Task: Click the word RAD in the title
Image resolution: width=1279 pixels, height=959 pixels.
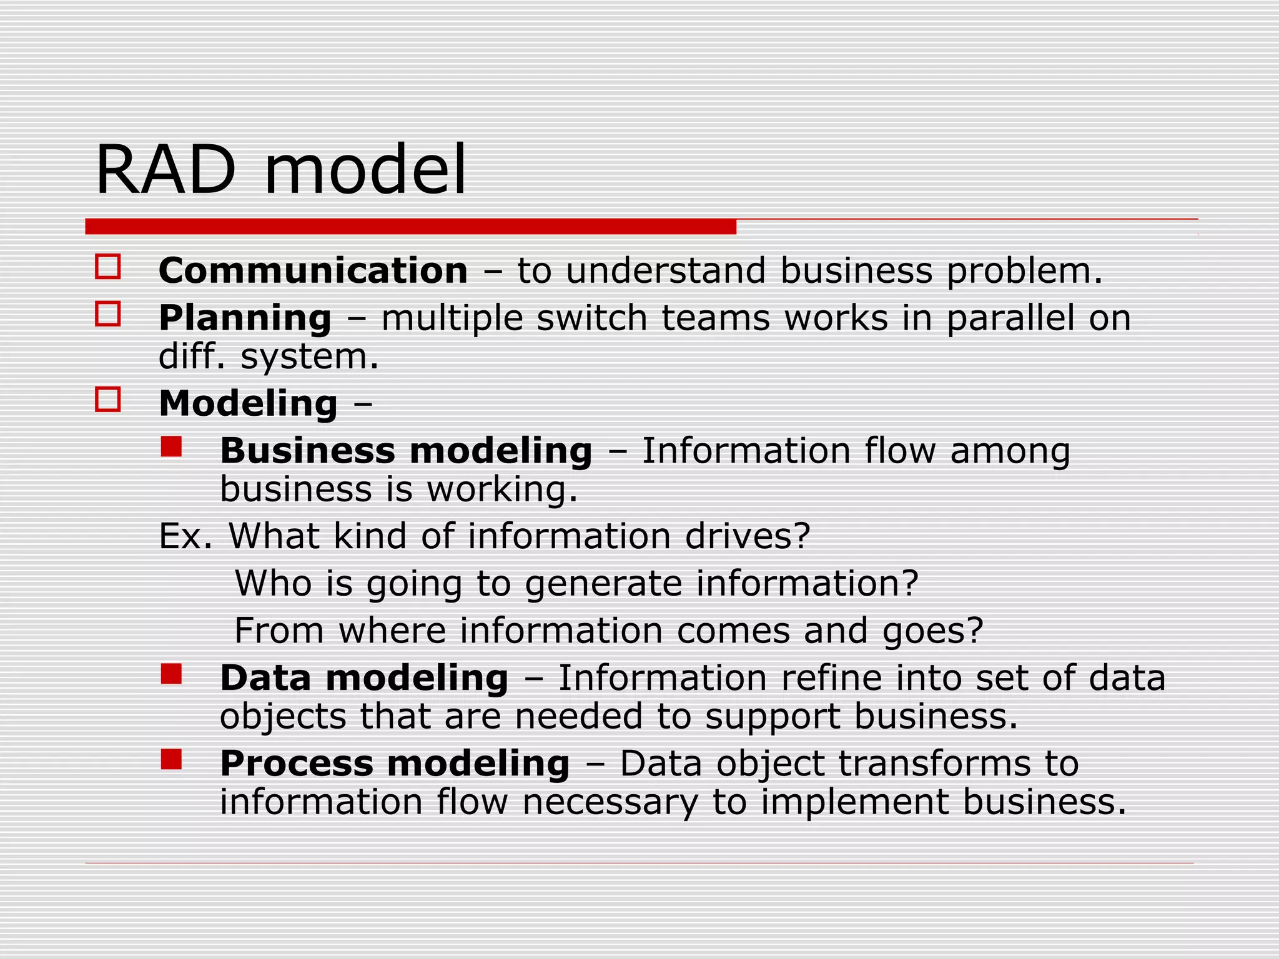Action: click(165, 170)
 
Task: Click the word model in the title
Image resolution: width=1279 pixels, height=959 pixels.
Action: click(365, 170)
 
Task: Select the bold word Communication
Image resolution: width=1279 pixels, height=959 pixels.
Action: click(313, 271)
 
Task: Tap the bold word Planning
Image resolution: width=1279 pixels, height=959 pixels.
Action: click(245, 318)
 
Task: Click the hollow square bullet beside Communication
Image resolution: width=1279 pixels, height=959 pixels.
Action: click(108, 267)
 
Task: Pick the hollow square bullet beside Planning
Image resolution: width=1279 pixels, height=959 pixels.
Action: click(108, 313)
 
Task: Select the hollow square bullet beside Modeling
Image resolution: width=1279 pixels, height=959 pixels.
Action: click(108, 399)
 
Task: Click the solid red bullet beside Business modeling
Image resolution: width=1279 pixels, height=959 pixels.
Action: click(171, 446)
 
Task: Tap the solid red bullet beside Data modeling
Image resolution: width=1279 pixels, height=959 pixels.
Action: click(171, 674)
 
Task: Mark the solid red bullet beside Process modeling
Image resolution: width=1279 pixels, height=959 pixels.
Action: click(171, 759)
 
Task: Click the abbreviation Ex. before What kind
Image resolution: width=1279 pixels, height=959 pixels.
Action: click(185, 536)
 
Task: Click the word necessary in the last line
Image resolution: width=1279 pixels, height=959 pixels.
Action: click(610, 802)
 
